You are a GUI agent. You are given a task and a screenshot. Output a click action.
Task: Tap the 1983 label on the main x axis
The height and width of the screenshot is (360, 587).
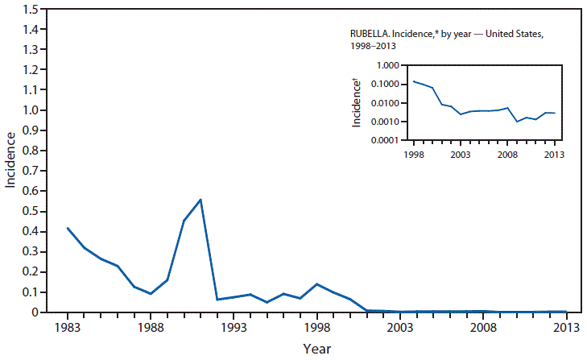pos(68,328)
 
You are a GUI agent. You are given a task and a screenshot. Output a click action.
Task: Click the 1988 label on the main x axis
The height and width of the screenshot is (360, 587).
pos(151,328)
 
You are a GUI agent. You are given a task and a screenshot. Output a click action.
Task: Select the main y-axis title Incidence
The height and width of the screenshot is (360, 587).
pos(10,160)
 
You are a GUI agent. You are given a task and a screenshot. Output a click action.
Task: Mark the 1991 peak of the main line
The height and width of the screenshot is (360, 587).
pos(200,199)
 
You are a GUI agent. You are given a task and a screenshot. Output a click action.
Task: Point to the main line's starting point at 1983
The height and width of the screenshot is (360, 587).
pos(68,228)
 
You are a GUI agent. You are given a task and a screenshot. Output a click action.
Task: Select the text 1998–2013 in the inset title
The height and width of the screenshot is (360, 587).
pos(369,47)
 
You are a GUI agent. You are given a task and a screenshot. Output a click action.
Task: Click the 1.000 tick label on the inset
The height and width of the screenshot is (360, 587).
pos(386,66)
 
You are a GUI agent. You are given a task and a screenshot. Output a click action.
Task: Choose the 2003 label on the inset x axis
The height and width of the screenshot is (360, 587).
pos(461,154)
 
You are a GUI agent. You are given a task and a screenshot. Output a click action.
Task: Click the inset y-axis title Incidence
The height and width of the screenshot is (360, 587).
pos(356,103)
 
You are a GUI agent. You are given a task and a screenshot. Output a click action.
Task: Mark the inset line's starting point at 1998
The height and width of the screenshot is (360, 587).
pos(414,81)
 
